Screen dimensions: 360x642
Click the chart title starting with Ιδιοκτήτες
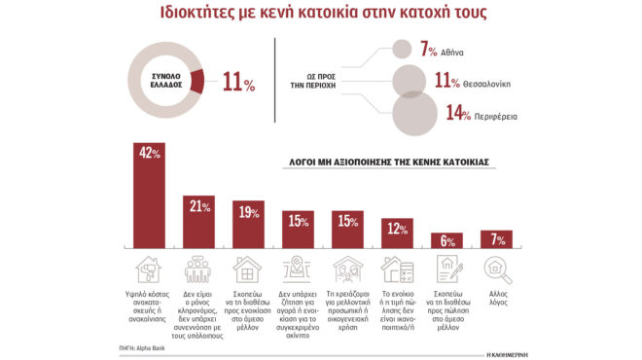point(320,16)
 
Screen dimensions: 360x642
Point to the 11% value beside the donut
point(238,83)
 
